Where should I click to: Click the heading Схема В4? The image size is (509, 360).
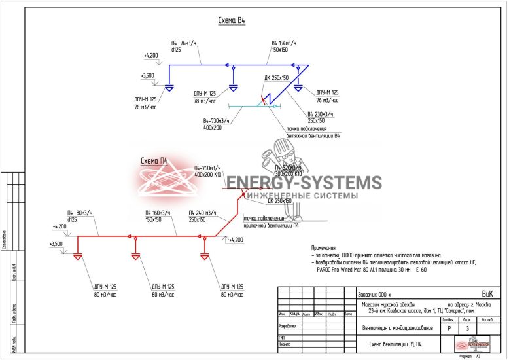[232, 21]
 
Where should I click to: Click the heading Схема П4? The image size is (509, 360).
[155, 160]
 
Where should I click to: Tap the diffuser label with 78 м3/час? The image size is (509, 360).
[207, 98]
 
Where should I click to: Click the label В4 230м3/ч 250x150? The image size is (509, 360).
[321, 117]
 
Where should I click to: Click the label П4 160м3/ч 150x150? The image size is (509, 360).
[158, 217]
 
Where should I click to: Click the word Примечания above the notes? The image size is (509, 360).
[325, 248]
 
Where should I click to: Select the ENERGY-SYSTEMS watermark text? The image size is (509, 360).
[304, 183]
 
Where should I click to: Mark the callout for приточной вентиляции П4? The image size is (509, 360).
[272, 223]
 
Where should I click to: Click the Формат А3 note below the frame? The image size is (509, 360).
[470, 357]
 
